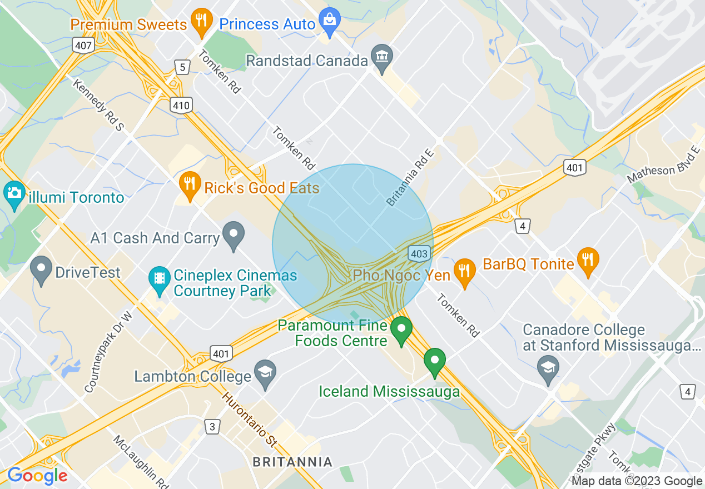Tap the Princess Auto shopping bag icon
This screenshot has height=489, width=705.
[330, 21]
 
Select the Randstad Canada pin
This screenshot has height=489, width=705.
[382, 57]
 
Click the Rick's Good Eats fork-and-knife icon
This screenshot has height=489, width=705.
[190, 184]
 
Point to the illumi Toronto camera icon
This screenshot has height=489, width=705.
[14, 194]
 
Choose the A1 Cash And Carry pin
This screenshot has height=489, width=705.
[234, 234]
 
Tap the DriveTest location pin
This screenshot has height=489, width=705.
[41, 270]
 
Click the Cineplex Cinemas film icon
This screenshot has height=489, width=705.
[160, 278]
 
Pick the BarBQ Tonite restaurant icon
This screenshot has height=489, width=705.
[587, 260]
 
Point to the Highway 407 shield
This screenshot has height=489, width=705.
[82, 46]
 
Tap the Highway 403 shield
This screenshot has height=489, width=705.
[419, 254]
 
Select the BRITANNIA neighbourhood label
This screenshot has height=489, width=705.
[292, 462]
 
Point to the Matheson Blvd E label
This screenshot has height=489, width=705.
[663, 164]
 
